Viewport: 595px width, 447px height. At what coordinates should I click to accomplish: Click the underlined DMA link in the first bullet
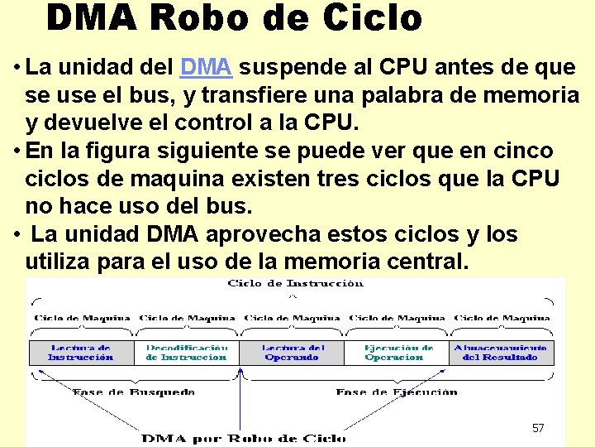point(206,67)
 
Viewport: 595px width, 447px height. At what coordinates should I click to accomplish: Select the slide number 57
point(538,428)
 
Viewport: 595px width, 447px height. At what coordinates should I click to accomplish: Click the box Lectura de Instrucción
point(81,353)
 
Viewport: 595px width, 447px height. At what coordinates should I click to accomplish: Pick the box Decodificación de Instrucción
point(186,353)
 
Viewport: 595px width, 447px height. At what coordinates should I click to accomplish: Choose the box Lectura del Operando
point(293,353)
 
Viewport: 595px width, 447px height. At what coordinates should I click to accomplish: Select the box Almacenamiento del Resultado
point(500,353)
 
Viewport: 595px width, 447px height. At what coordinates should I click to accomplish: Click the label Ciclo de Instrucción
point(295,284)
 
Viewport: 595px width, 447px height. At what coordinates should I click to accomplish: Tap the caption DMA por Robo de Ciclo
point(243,437)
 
